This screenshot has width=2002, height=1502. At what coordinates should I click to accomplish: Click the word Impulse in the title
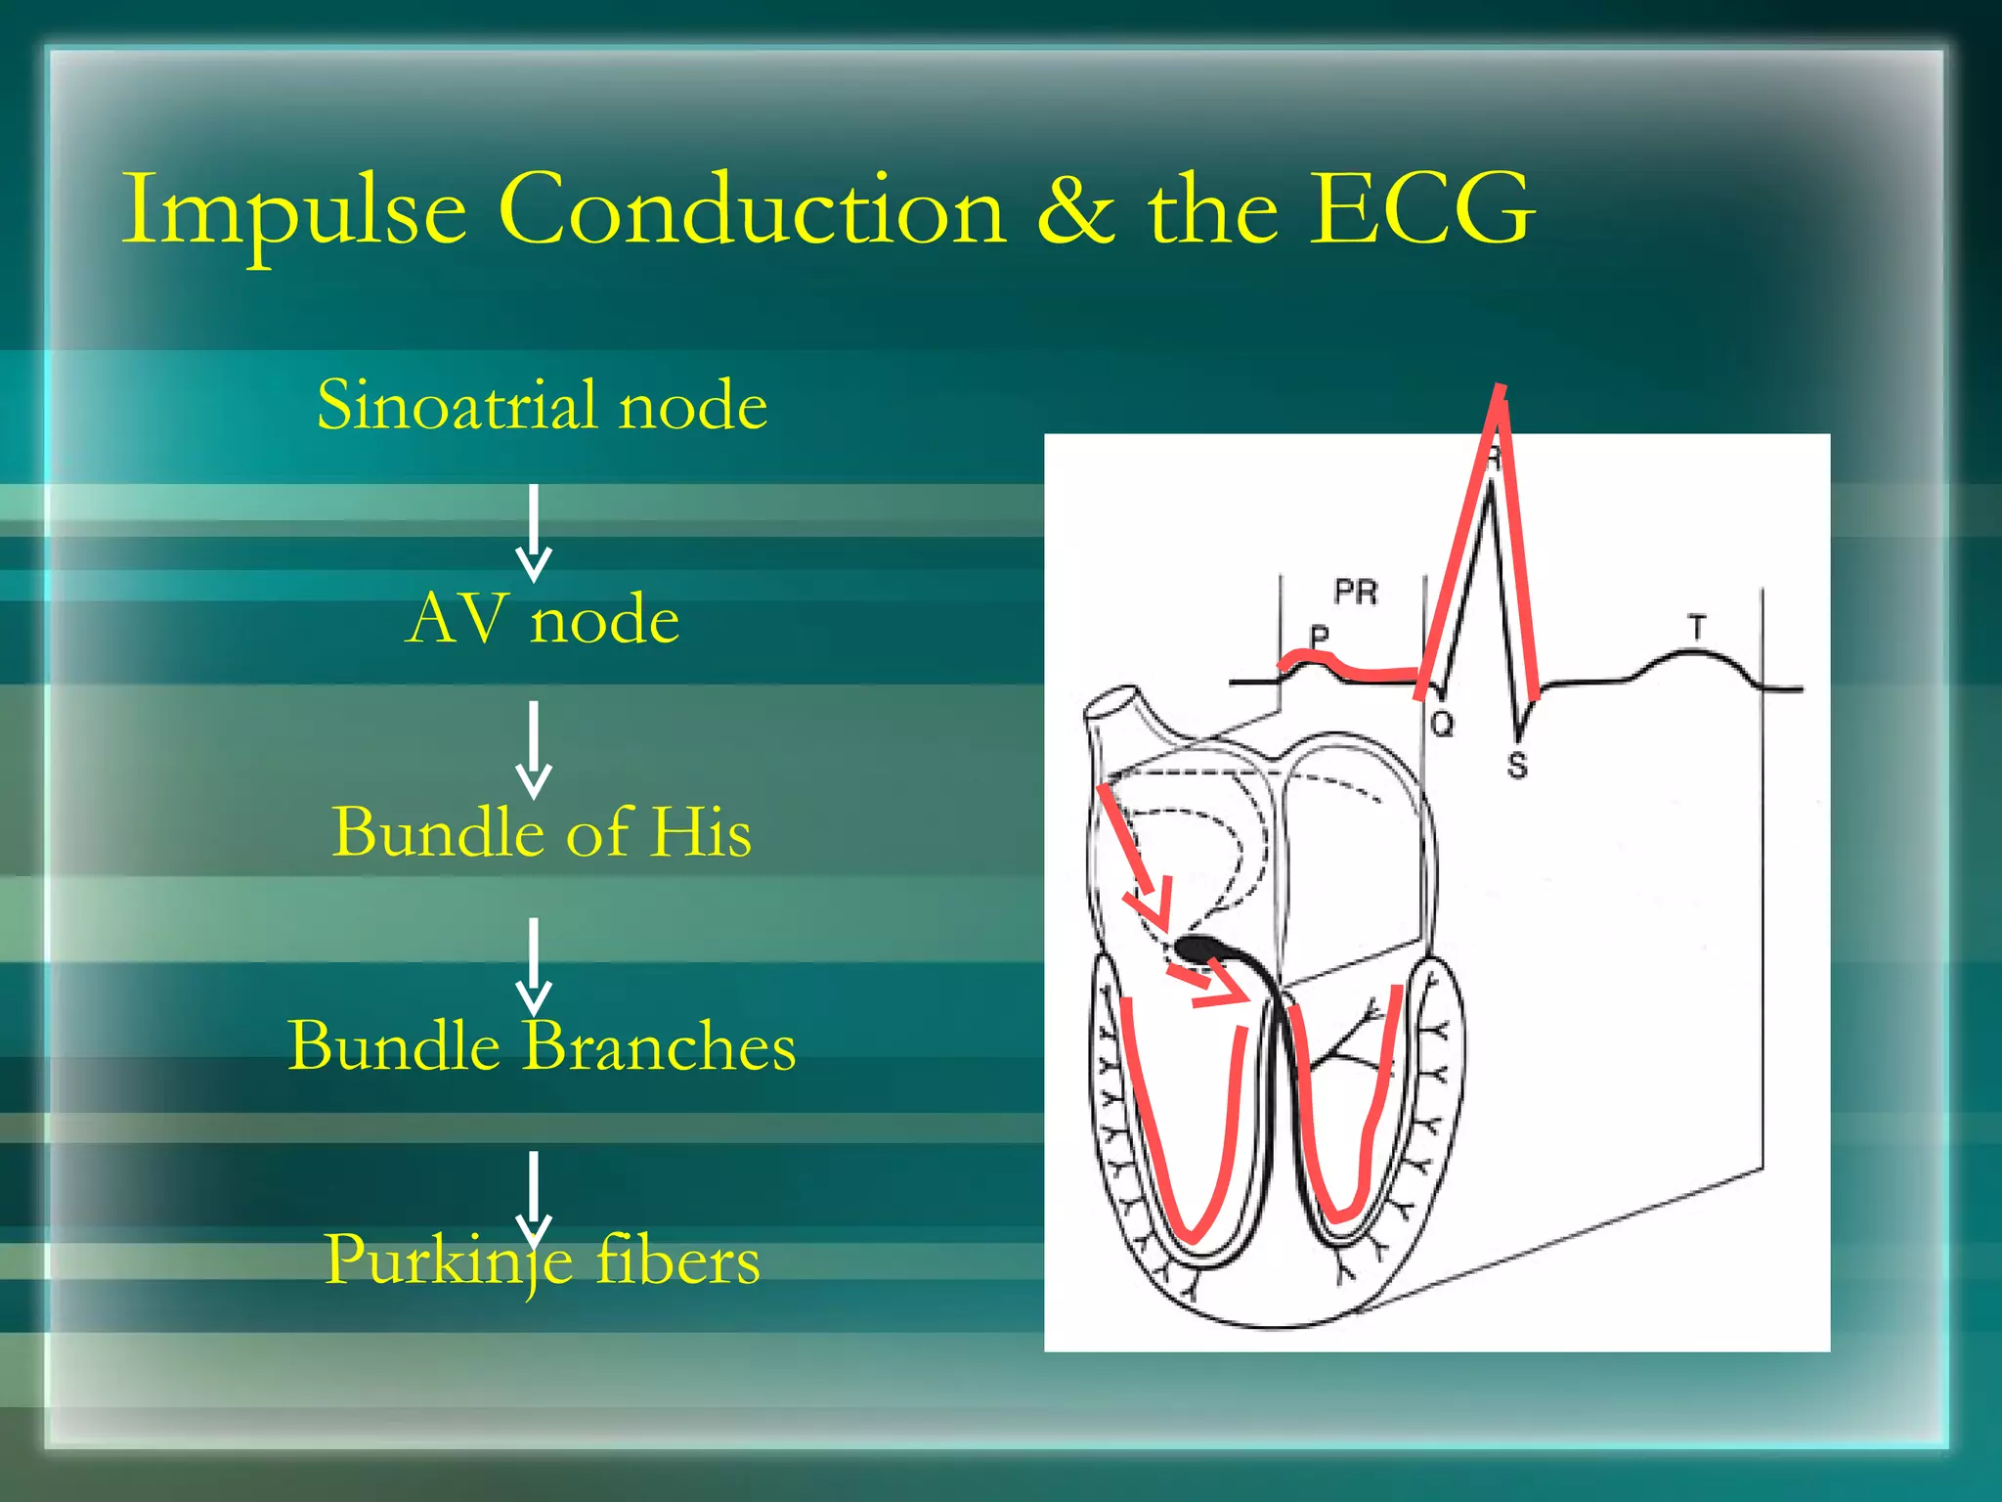click(293, 210)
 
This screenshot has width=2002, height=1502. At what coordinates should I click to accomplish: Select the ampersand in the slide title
click(1074, 210)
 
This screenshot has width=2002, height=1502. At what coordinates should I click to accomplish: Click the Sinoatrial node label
click(542, 405)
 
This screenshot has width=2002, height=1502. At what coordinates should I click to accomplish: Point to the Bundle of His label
click(542, 832)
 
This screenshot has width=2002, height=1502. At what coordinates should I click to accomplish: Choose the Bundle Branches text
click(542, 1046)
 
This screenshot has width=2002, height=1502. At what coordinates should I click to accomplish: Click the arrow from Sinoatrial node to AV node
click(534, 533)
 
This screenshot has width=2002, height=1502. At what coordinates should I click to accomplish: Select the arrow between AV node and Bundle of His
click(534, 748)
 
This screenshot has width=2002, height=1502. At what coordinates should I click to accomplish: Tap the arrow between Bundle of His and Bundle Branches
click(534, 964)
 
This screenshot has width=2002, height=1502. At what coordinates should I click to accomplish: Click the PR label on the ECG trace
click(1355, 593)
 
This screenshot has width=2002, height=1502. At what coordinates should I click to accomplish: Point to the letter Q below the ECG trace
click(1442, 725)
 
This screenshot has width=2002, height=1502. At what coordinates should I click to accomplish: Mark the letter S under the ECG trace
click(1516, 765)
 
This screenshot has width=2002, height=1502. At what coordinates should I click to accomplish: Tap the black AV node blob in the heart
click(1198, 947)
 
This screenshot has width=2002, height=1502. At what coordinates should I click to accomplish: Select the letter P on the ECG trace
click(1319, 637)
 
